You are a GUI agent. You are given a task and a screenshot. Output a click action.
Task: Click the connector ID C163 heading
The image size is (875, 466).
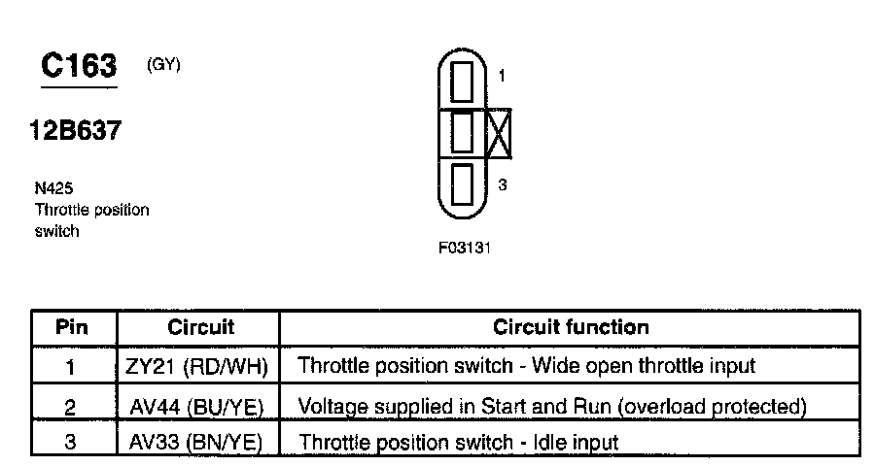[x=79, y=65]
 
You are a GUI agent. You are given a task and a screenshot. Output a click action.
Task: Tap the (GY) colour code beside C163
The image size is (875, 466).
[x=163, y=65]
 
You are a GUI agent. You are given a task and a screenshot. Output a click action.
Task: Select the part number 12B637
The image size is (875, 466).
[x=75, y=130]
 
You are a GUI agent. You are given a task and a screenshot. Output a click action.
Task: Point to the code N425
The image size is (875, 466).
[x=53, y=187]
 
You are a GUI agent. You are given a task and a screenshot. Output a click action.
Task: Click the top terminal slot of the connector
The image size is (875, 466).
[x=462, y=82]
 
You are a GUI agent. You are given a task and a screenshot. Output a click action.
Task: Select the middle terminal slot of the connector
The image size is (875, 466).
[x=462, y=132]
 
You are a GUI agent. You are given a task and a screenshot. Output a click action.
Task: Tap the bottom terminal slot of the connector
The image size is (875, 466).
[x=462, y=183]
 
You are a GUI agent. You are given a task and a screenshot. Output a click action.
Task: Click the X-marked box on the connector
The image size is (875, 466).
[x=500, y=133]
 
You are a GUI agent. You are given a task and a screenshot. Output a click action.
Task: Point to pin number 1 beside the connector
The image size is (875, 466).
[x=502, y=76]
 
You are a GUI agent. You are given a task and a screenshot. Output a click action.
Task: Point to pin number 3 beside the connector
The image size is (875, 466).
[x=503, y=184]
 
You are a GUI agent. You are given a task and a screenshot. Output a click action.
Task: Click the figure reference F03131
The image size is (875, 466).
[x=465, y=248]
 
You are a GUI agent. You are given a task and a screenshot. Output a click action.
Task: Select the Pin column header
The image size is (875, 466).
[x=72, y=326]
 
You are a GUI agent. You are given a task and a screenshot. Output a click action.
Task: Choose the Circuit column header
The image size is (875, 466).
[x=201, y=326]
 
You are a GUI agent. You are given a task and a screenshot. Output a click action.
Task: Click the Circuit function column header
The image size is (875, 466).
[x=571, y=326]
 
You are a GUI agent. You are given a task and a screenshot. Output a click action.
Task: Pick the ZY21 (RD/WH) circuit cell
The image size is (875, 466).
[x=197, y=366]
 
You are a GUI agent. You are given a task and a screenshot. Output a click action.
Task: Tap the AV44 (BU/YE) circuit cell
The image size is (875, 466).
[x=196, y=407]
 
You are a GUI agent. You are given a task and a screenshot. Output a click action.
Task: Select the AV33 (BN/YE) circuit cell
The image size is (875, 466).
[x=195, y=442]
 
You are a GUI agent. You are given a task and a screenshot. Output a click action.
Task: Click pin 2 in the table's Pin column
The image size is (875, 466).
[x=70, y=408]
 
